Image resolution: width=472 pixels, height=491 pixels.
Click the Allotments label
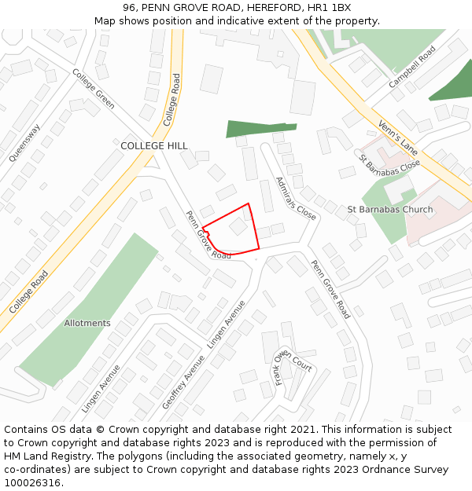(87, 323)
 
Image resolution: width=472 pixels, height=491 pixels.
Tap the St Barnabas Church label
(390, 210)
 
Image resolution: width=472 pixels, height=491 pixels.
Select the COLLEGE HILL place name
(154, 146)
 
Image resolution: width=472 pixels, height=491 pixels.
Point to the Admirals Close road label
(296, 198)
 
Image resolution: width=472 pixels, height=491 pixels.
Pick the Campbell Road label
(412, 67)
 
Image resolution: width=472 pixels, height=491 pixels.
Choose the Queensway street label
(24, 142)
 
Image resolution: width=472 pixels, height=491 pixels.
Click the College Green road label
(94, 88)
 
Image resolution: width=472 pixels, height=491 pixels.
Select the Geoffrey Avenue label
(183, 381)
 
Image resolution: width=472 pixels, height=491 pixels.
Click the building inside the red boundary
(238, 227)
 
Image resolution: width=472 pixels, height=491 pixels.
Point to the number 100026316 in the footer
(32, 483)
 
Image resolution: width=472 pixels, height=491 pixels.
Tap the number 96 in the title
(131, 7)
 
